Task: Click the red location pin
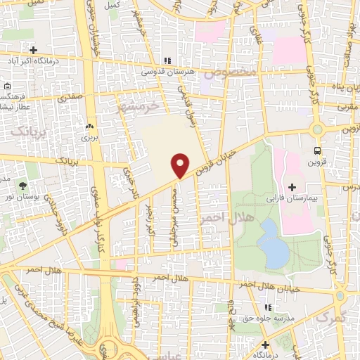[x=181, y=165]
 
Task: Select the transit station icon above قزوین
[x=319, y=150]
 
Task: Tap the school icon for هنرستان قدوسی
[x=167, y=60]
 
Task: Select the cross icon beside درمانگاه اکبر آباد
[x=33, y=49]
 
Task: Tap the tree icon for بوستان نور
[x=23, y=186]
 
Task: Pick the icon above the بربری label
[x=89, y=126]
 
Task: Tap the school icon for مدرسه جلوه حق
[x=266, y=307]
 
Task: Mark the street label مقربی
[x=349, y=108]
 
